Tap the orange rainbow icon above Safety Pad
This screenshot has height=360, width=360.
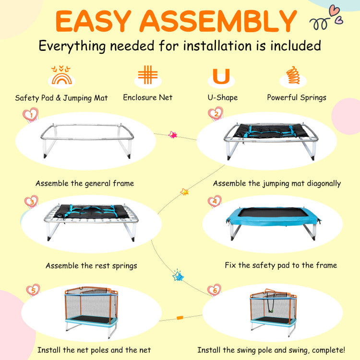click(61, 75)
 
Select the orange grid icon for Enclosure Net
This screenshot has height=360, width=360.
click(148, 74)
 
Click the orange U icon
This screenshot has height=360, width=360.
click(221, 76)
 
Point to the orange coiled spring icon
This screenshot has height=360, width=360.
click(293, 75)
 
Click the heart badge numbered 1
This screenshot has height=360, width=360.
click(31, 114)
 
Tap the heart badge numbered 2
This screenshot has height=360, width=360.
click(216, 113)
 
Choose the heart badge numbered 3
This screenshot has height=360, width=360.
click(32, 202)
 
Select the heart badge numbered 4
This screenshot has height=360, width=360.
click(215, 201)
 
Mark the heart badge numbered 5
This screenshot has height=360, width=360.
click(33, 290)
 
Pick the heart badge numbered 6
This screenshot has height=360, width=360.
click(214, 290)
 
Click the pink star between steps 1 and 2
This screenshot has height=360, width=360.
click(172, 135)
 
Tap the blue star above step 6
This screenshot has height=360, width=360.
click(178, 276)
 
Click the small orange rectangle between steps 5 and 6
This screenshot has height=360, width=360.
click(180, 318)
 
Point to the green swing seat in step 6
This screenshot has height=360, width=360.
click(271, 311)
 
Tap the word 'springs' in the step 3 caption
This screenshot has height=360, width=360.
click(124, 266)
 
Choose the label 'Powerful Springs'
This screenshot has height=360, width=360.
click(297, 98)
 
